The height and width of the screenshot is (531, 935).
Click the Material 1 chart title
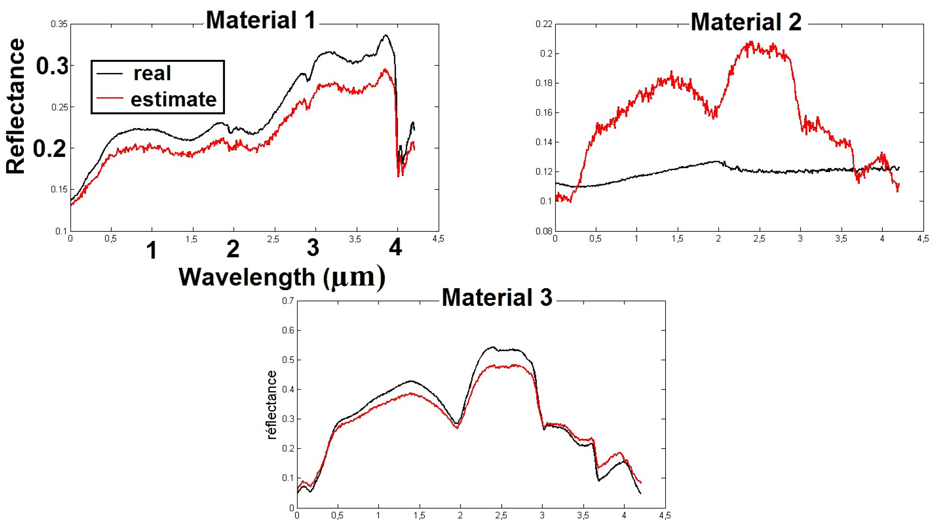pyautogui.click(x=260, y=20)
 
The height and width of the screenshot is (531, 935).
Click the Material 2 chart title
pyautogui.click(x=746, y=22)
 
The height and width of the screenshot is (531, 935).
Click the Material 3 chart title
pyautogui.click(x=497, y=297)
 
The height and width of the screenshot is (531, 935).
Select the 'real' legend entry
pyautogui.click(x=152, y=73)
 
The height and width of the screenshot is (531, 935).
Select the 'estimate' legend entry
pyautogui.click(x=173, y=99)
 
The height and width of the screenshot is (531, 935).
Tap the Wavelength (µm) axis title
pyautogui.click(x=282, y=277)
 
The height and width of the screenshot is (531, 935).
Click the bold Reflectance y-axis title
pyautogui.click(x=15, y=106)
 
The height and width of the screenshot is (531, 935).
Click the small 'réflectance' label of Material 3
pyautogui.click(x=272, y=405)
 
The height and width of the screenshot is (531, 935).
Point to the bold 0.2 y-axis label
pyautogui.click(x=50, y=149)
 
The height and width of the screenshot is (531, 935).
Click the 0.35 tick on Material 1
pyautogui.click(x=59, y=24)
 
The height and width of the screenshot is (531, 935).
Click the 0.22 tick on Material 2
pyautogui.click(x=544, y=24)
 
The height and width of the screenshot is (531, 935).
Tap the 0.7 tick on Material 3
pyautogui.click(x=288, y=301)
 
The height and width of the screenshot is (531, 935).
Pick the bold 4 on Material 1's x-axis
pyautogui.click(x=395, y=248)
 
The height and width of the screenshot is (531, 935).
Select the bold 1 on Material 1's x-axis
pyautogui.click(x=151, y=250)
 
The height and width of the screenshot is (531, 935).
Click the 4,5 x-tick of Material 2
pyautogui.click(x=923, y=239)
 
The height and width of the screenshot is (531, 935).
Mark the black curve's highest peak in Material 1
pyautogui.click(x=385, y=35)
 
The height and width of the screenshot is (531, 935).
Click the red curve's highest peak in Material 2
pyautogui.click(x=751, y=42)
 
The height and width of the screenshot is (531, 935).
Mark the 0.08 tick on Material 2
pyautogui.click(x=544, y=231)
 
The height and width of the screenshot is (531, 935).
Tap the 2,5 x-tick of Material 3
pyautogui.click(x=501, y=516)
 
